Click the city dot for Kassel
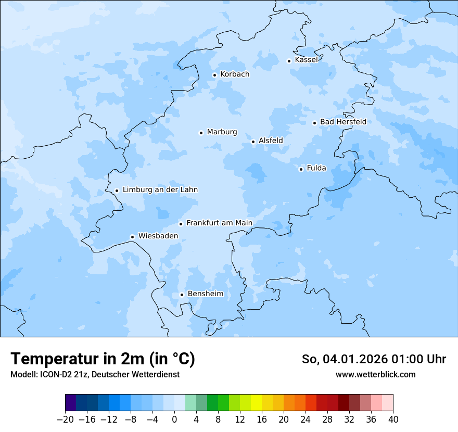tap(289, 61)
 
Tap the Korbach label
tap(234, 74)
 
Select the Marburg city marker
tap(201, 133)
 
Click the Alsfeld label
tap(271, 141)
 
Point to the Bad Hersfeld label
tap(343, 122)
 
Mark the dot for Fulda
tap(301, 169)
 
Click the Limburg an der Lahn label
tap(160, 190)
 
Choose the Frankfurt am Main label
tap(219, 223)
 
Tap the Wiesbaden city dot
tap(132, 237)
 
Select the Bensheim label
tap(205, 294)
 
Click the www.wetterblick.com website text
tap(375, 374)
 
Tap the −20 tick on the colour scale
tap(66, 419)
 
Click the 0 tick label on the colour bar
tap(174, 419)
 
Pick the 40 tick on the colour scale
tap(393, 419)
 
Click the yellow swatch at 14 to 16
tap(256, 403)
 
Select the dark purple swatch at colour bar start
tap(71, 403)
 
